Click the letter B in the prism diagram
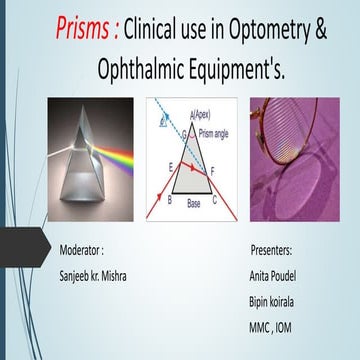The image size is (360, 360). click(x=169, y=201)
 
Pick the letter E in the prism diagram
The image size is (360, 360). click(x=174, y=165)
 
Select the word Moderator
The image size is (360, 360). click(x=81, y=247)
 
